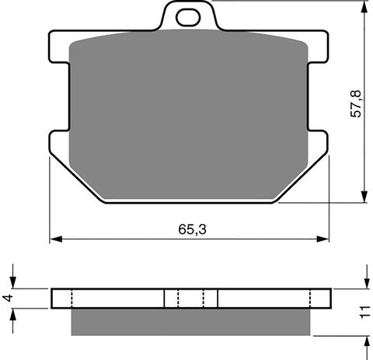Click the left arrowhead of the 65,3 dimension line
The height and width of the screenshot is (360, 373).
[x=54, y=239]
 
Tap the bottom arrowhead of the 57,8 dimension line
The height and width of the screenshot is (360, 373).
[x=364, y=198]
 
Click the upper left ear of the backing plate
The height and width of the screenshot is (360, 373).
[x=58, y=47]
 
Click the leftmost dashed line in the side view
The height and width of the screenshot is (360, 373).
[x=71, y=299]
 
